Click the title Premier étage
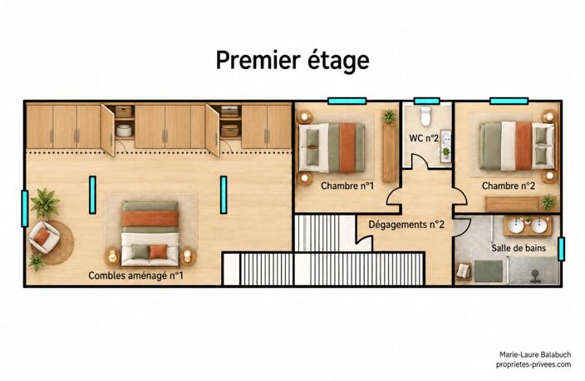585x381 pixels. coord(292,61)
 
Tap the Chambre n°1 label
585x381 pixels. coord(347,186)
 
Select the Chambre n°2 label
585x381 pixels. coord(509,186)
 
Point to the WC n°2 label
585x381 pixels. coord(424,138)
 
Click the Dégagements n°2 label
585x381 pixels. coord(406,225)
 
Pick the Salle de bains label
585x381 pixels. coord(519,248)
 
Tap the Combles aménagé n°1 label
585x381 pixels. coord(135,275)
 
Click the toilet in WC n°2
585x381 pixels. coord(425,116)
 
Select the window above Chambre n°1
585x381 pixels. coord(347,101)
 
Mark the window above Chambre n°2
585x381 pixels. coord(509,101)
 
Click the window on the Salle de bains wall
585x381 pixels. coord(561,249)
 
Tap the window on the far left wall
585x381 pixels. coord(25,209)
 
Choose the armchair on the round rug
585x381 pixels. coord(44,237)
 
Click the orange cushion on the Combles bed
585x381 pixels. coord(159,251)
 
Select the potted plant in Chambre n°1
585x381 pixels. coord(389,116)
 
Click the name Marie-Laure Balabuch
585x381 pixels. coord(535,354)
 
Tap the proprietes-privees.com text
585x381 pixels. coord(533,364)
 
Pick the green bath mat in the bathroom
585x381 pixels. coord(489,271)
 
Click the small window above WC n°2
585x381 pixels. coord(427,101)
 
